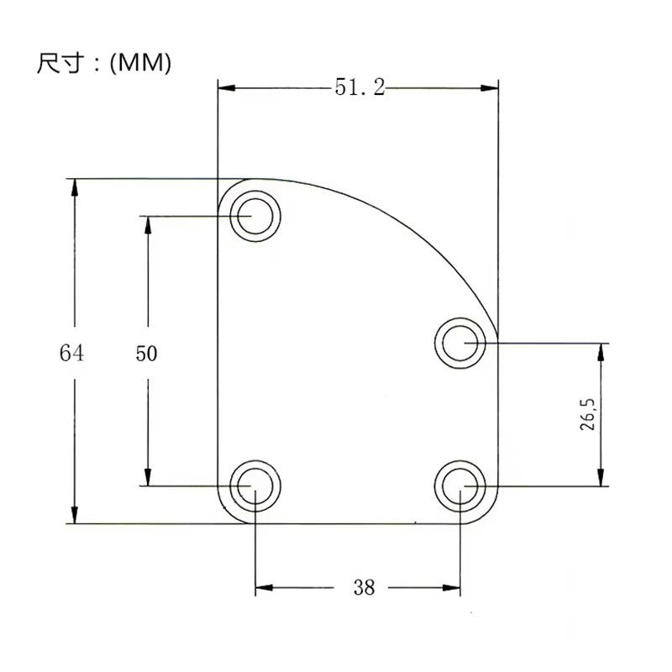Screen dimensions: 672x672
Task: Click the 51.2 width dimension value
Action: [360, 87]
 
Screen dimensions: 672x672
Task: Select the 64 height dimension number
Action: [71, 353]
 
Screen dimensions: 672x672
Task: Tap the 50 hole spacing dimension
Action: [146, 354]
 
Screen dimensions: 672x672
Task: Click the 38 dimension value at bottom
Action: [364, 587]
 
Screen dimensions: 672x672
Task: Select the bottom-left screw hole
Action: [255, 486]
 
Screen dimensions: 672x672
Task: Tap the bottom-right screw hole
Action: [461, 486]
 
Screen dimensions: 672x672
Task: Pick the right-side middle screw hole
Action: [461, 342]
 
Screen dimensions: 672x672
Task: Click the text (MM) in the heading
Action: [140, 64]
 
